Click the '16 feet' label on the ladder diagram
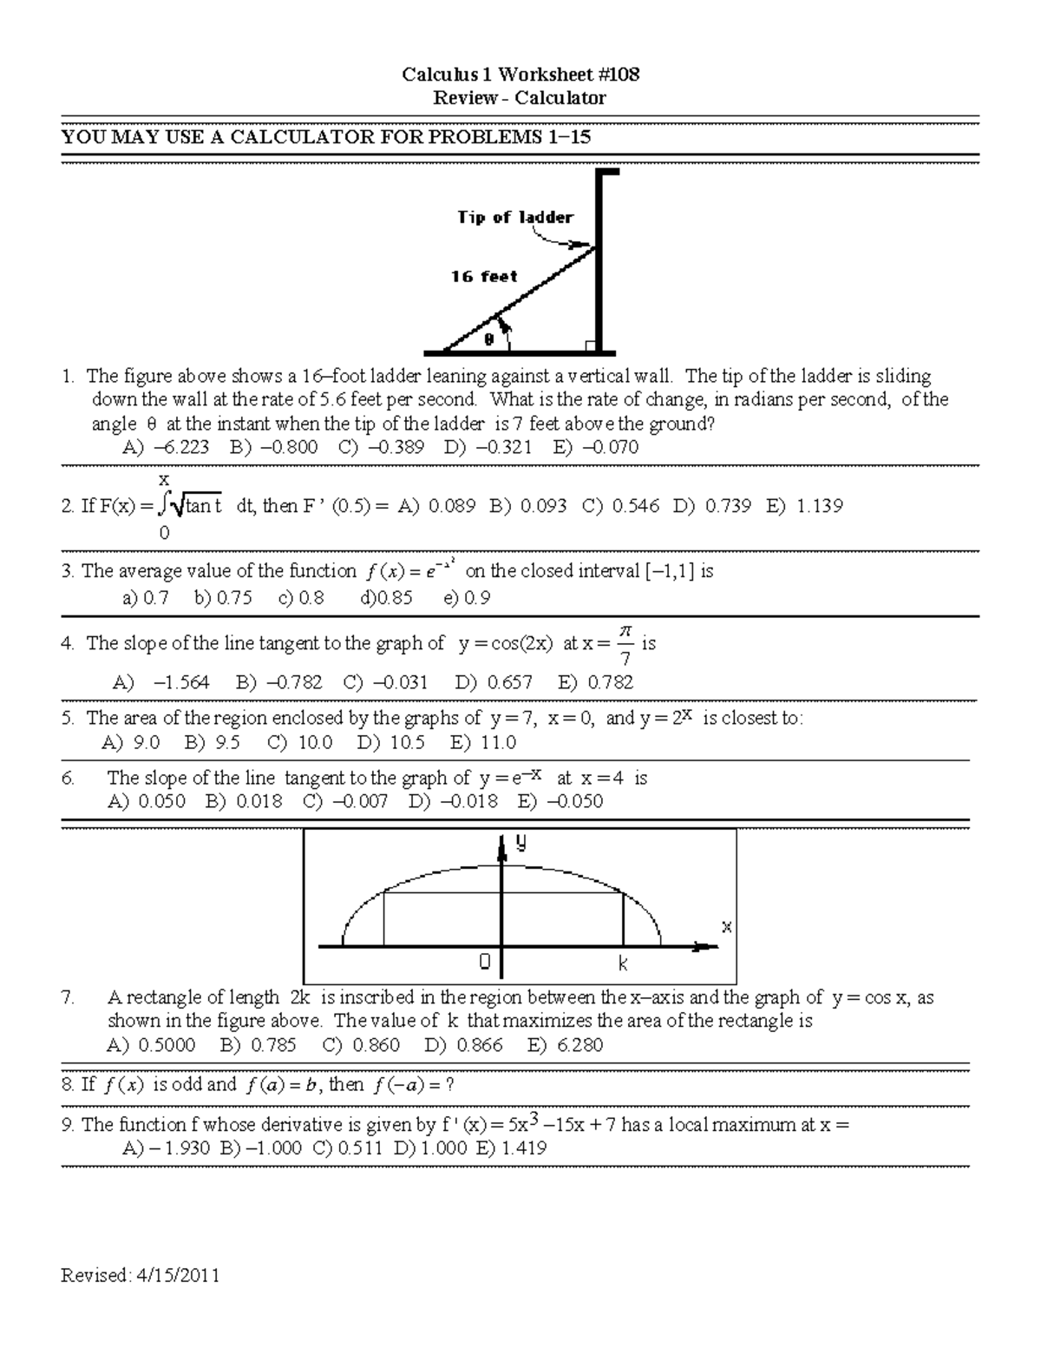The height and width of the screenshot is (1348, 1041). coord(483,277)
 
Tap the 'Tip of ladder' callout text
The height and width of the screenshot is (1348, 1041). coord(515,218)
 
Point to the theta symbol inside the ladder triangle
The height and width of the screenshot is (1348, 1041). coord(488,340)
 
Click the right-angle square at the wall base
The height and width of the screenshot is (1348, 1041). coord(591,347)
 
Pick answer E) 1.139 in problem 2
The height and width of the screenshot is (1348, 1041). coord(804,506)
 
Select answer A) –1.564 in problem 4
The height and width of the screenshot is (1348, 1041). coord(160,682)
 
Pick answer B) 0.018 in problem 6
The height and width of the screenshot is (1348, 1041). coord(244,801)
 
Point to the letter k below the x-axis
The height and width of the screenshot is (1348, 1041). coord(623,963)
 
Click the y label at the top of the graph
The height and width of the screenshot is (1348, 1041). coord(520,841)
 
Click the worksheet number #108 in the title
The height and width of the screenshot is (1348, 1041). coord(618,75)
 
